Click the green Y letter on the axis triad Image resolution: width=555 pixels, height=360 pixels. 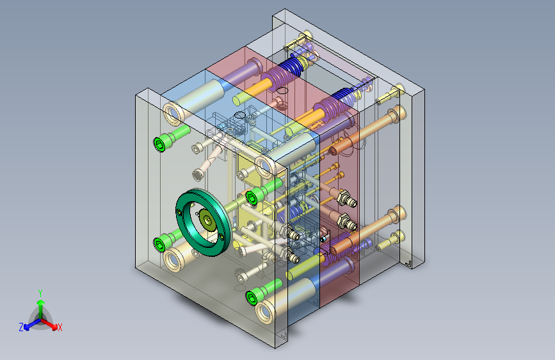[40, 293]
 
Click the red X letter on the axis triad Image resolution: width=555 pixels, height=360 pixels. [60, 327]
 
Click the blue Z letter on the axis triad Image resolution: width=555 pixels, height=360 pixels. [21, 327]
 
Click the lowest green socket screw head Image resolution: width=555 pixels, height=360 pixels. [252, 298]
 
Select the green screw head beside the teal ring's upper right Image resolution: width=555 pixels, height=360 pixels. [251, 198]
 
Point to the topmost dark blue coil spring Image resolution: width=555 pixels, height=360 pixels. [291, 66]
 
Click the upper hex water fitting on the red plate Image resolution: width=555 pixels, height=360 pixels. [346, 199]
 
